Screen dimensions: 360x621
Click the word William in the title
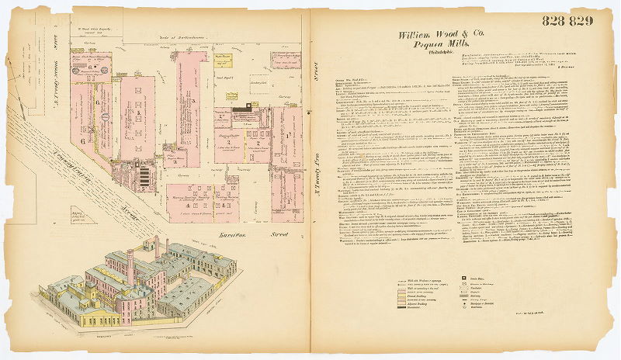click(x=418, y=35)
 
